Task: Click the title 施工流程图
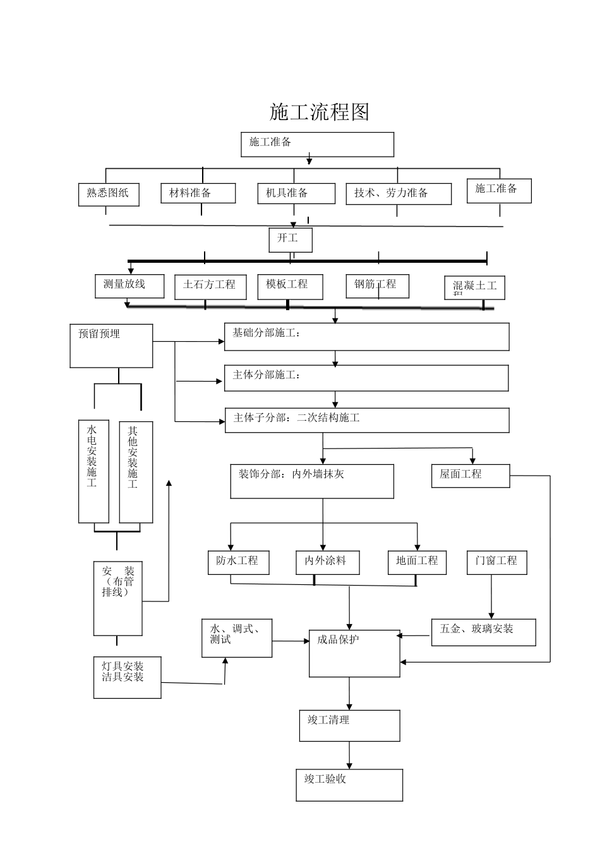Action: pos(319,112)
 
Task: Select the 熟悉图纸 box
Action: pos(109,194)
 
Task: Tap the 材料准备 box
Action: pos(198,193)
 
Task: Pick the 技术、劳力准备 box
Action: pos(399,194)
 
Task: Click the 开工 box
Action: pos(291,240)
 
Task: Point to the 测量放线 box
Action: pos(129,286)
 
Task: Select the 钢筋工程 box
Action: pos(377,286)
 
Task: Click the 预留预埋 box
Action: pos(111,346)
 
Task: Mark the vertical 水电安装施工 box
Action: pos(93,472)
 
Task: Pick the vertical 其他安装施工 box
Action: pos(136,472)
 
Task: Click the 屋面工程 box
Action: pos(471,476)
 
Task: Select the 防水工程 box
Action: pos(238,562)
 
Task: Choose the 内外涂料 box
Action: pos(327,562)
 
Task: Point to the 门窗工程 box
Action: pos(496,562)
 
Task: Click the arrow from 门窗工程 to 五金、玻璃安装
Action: pos(491,597)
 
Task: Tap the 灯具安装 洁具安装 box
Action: pos(128,677)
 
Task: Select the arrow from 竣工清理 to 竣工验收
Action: pos(349,755)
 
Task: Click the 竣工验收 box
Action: pos(349,785)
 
